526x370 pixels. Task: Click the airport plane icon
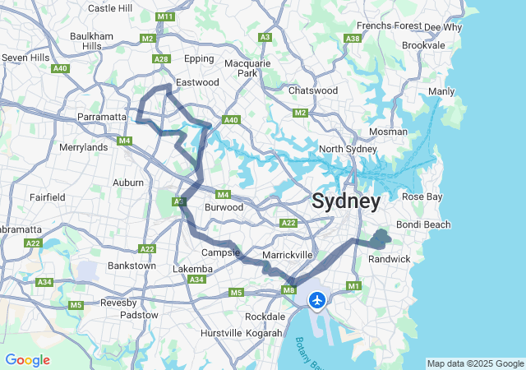click(x=317, y=300)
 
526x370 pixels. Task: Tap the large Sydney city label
click(x=346, y=201)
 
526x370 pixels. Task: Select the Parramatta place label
click(x=102, y=117)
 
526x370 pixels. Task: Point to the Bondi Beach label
click(x=423, y=224)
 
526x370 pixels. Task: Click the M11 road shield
click(x=165, y=16)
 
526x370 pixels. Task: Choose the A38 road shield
click(x=353, y=39)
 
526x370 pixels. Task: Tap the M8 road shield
click(x=288, y=289)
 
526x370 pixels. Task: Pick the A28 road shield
click(x=161, y=58)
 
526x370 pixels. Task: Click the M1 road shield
click(x=354, y=285)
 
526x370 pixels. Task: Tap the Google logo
click(x=27, y=360)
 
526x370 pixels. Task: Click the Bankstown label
click(x=131, y=266)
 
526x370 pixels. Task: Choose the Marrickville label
click(x=287, y=255)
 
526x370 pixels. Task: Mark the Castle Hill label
click(x=109, y=8)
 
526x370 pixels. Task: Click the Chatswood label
click(x=313, y=90)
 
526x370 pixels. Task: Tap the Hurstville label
click(x=221, y=333)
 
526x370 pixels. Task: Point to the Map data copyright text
click(x=475, y=363)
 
